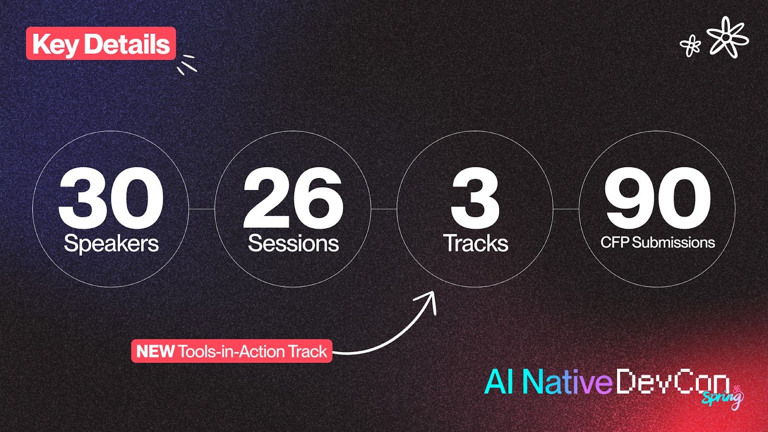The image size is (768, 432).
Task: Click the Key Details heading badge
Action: point(101,44)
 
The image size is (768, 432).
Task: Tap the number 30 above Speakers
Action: point(111,198)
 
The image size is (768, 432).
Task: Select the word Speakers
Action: point(111,243)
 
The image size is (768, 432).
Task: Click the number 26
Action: point(293,198)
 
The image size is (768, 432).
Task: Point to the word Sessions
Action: point(293,243)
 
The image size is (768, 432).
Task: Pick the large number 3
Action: point(475,198)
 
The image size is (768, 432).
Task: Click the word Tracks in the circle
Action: point(475,243)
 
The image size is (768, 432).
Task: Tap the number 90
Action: point(657,198)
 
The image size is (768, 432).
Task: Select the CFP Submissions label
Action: point(658,242)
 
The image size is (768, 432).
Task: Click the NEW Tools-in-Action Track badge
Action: point(231,351)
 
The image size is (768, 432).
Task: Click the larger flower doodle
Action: point(727,37)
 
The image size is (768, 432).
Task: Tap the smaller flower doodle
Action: point(691,46)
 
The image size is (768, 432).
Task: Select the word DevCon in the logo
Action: point(672,382)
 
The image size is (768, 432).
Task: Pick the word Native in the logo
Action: point(566,382)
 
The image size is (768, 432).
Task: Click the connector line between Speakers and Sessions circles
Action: point(202,209)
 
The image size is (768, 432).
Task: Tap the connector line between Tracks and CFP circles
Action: point(566,209)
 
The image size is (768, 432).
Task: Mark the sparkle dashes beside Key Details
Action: point(187,64)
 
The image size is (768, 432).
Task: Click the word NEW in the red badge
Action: point(155,351)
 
